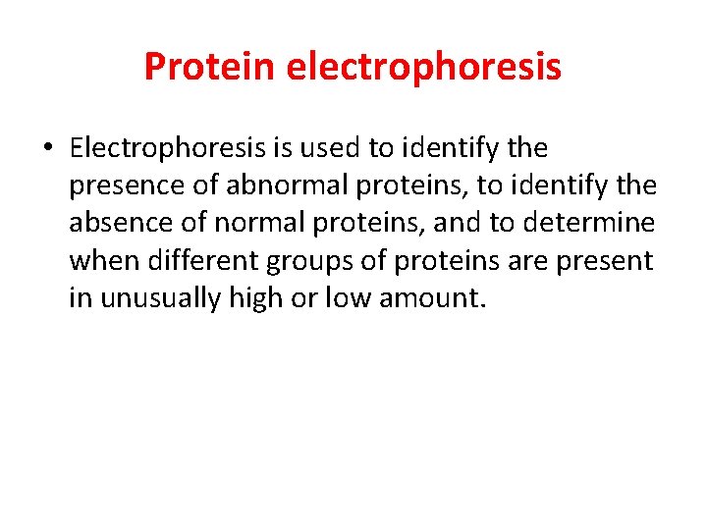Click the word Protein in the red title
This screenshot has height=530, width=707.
pos(210,67)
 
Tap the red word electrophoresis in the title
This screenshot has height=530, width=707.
pos(424,67)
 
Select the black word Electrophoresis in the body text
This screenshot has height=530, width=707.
pos(169,149)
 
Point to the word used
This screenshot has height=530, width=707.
pos(335,149)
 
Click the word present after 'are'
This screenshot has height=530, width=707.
pos(608,261)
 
